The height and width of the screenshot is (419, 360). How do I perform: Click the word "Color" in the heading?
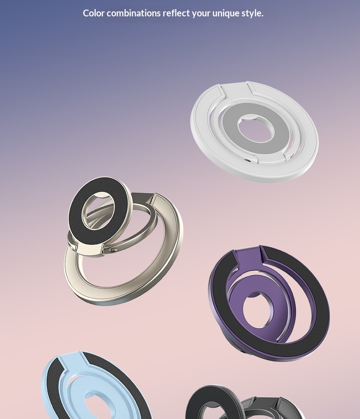(93, 13)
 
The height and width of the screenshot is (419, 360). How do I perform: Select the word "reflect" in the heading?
(176, 13)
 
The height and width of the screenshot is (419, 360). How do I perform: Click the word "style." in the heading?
(252, 13)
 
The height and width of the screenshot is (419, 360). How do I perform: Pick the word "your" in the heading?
(201, 13)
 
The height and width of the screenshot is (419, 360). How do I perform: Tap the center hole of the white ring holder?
(256, 129)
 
